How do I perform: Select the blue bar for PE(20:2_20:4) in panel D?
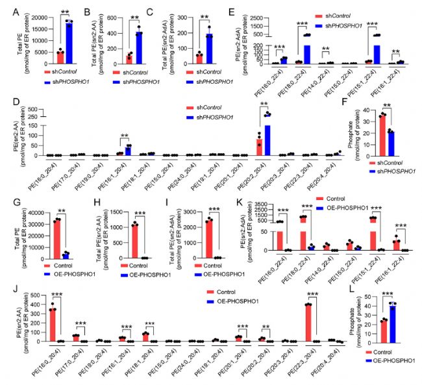click(x=266, y=135)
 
